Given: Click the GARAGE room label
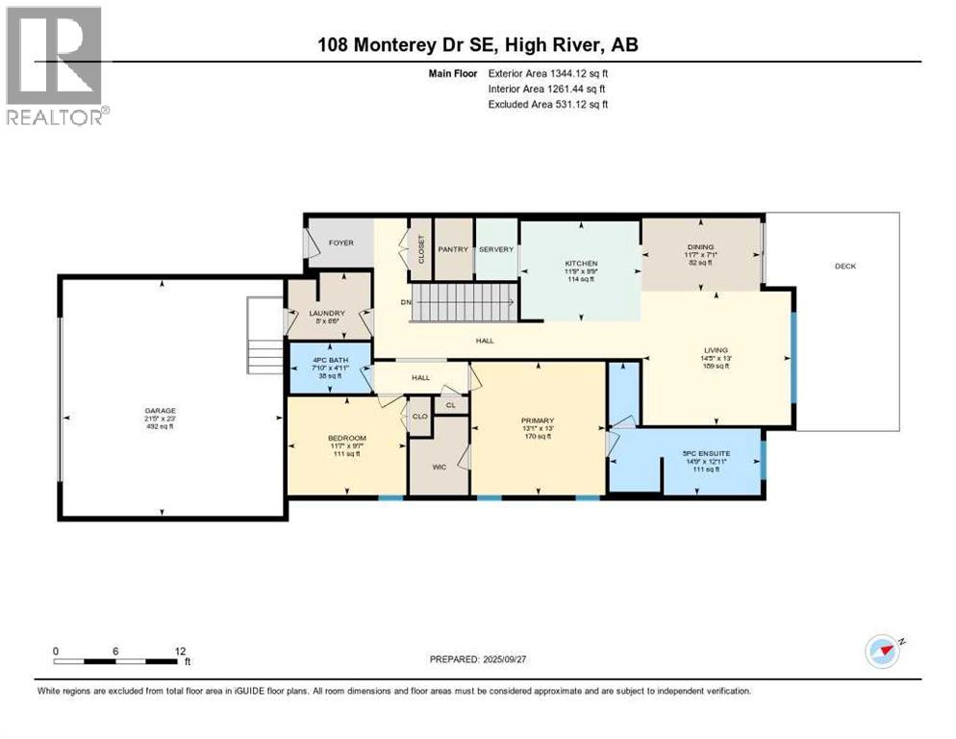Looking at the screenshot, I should [x=161, y=411].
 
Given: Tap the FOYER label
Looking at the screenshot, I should [x=341, y=243].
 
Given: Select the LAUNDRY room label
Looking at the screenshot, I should [x=327, y=313].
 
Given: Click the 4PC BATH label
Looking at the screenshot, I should [x=329, y=361].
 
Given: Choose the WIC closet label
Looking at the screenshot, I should [x=439, y=467].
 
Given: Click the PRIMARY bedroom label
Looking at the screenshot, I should [x=538, y=420].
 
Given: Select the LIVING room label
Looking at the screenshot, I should [x=716, y=350].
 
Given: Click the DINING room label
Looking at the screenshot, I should [x=701, y=247].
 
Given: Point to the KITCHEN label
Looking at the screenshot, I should [x=581, y=263].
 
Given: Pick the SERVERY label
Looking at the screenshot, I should [x=496, y=249].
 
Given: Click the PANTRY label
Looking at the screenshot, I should [x=452, y=249].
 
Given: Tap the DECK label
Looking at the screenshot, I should [x=844, y=266].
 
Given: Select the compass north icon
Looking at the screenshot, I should [x=882, y=651].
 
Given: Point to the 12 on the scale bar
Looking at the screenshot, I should [x=178, y=650].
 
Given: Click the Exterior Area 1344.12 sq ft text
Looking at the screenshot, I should [x=548, y=72].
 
